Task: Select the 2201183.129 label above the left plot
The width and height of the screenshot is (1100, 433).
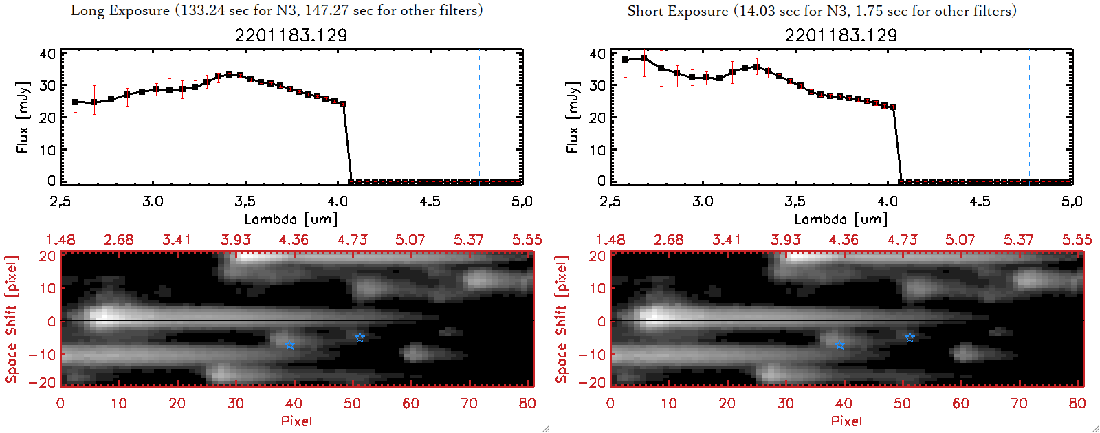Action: tap(291, 35)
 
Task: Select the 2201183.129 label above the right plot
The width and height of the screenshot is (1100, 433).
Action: tap(841, 35)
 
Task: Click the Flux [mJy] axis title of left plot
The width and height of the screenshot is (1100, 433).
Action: tap(23, 118)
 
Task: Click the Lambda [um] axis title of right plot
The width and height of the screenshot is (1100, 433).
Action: tap(841, 219)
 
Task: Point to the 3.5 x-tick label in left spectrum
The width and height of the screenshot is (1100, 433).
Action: tap(245, 201)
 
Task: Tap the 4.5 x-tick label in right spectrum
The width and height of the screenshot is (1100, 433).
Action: tap(980, 201)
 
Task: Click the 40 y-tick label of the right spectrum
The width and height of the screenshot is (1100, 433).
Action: tap(597, 54)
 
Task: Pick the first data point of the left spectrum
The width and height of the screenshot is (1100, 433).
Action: tap(76, 102)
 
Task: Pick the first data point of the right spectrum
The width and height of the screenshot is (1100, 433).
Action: tap(626, 60)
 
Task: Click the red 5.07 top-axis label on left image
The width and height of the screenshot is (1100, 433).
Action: tap(410, 240)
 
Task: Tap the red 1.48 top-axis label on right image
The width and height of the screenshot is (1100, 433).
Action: tap(610, 240)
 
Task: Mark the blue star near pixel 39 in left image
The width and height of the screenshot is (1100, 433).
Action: tap(290, 345)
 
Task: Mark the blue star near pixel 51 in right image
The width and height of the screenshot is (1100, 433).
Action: tap(910, 337)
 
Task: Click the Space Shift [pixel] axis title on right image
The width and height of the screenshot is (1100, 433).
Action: tap(562, 320)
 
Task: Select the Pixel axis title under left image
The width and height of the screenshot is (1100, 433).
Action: tap(296, 421)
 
